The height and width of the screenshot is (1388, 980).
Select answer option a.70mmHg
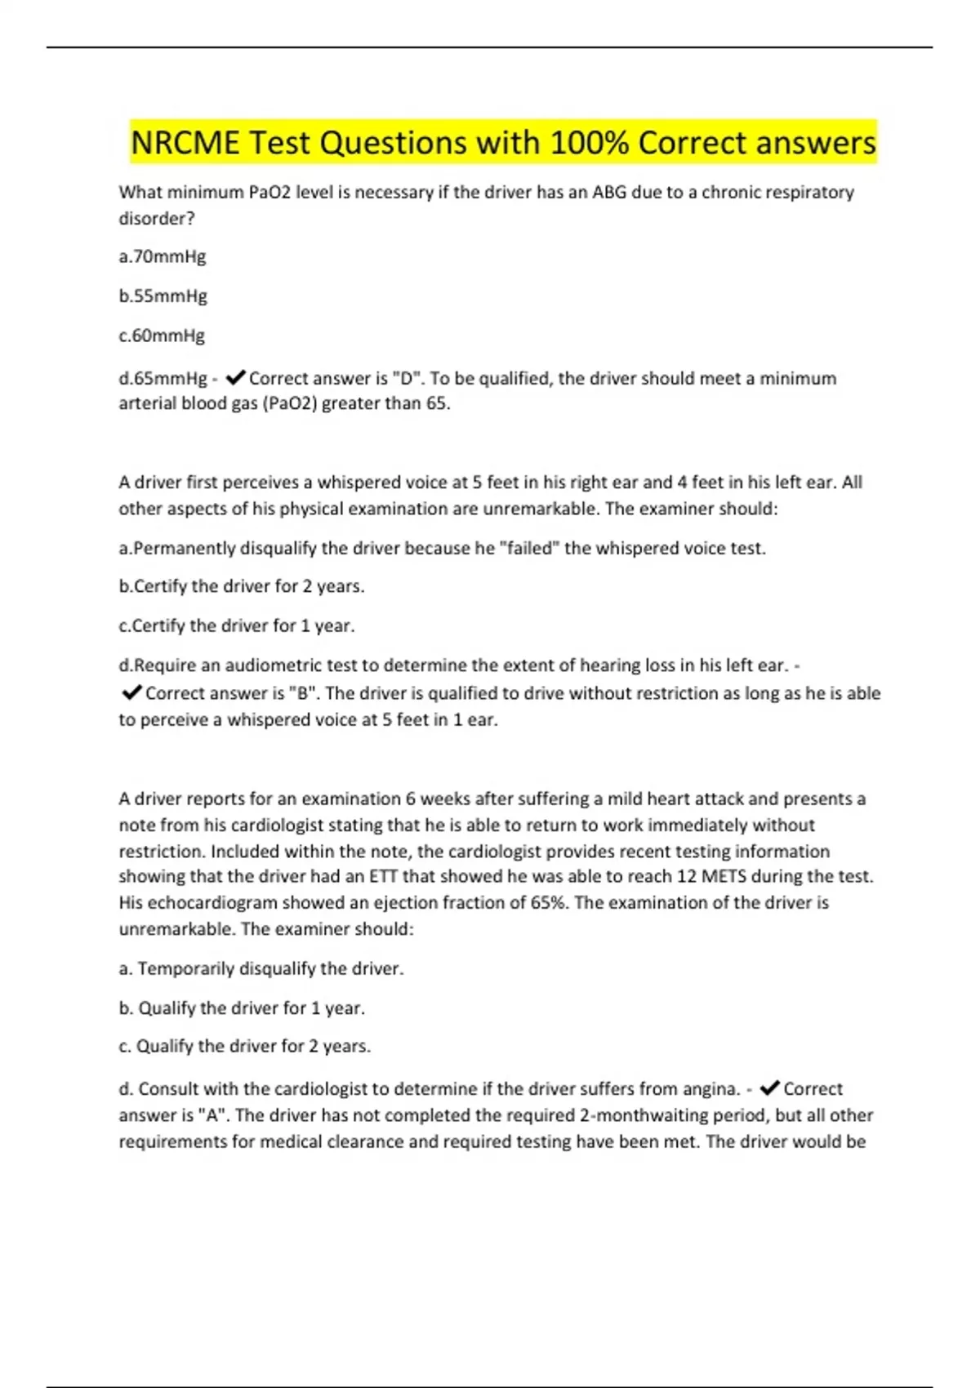[x=163, y=257]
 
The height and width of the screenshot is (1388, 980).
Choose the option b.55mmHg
[x=163, y=296]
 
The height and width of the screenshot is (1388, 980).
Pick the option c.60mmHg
[x=163, y=336]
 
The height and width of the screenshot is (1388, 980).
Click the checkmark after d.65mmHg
[x=235, y=378]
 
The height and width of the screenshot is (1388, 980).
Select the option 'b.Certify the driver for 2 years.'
[x=242, y=587]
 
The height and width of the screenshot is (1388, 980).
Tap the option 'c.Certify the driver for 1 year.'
[x=237, y=626]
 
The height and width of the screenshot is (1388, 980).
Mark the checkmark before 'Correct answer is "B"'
[x=131, y=694]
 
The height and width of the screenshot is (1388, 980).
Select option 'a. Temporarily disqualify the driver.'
[x=261, y=969]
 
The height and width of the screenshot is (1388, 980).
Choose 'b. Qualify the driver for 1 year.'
[x=242, y=1008]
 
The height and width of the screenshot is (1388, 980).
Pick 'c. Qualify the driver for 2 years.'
[x=245, y=1047]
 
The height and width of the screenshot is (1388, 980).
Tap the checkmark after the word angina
[x=768, y=1089]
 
